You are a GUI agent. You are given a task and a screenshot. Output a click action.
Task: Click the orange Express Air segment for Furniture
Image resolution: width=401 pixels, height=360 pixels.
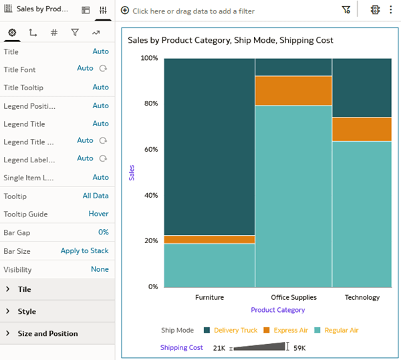(x=209, y=239)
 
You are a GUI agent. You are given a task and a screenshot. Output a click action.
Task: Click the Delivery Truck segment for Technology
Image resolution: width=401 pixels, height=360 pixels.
(x=362, y=87)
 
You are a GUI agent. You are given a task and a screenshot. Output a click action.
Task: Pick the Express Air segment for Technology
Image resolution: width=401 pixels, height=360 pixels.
(x=362, y=129)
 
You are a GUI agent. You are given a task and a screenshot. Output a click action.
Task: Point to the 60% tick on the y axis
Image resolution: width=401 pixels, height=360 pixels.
(x=150, y=150)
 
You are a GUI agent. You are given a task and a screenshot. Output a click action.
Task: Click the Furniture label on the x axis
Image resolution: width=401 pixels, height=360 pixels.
(x=209, y=297)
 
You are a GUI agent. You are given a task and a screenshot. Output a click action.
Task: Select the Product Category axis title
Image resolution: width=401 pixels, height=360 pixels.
(x=277, y=310)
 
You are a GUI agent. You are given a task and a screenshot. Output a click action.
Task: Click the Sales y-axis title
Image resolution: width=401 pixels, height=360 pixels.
(x=132, y=172)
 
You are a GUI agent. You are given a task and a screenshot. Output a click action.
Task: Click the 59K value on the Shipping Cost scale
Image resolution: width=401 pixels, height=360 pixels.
(x=299, y=348)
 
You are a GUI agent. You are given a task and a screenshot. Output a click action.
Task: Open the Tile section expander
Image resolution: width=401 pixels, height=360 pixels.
(x=8, y=289)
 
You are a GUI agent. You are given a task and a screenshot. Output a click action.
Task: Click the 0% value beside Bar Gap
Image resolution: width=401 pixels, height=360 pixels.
(x=103, y=232)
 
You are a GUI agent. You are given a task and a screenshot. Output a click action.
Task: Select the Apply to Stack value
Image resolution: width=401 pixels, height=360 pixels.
(x=84, y=250)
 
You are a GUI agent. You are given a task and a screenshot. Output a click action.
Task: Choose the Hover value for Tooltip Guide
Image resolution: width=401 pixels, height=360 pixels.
(x=98, y=214)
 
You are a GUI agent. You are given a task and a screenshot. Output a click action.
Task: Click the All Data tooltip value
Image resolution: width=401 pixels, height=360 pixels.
(x=96, y=196)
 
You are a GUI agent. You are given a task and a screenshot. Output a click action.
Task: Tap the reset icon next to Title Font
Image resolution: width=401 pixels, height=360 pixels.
(x=103, y=68)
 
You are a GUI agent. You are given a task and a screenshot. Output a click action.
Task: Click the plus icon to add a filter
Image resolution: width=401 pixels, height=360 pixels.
(x=125, y=11)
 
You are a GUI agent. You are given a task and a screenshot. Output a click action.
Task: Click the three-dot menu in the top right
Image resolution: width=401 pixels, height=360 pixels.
(x=390, y=10)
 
